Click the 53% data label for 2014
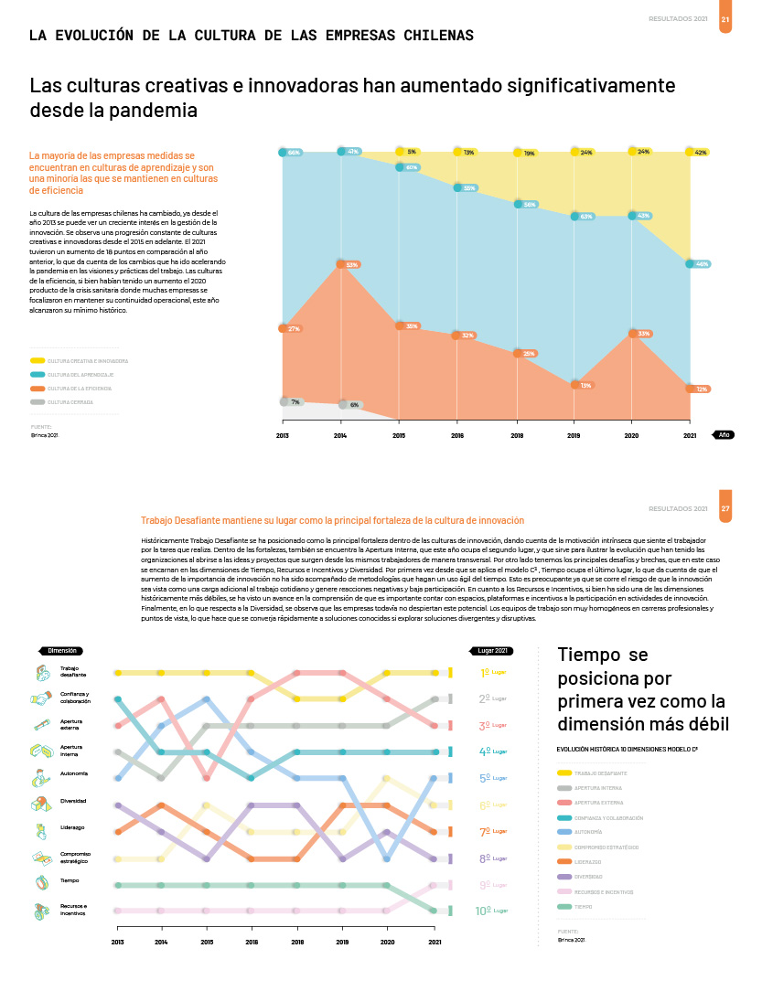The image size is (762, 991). click(350, 264)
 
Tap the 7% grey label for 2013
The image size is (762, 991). click(293, 401)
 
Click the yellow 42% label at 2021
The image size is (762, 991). click(700, 153)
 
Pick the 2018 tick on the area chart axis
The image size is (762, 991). click(517, 435)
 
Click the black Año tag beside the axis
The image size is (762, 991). click(723, 435)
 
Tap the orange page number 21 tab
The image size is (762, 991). click(725, 18)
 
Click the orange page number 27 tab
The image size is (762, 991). click(725, 508)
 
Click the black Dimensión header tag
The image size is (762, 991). click(61, 650)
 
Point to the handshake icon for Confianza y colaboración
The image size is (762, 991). click(41, 699)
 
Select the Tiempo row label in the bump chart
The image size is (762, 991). click(70, 880)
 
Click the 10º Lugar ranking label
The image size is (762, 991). click(492, 911)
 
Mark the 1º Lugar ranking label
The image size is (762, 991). click(492, 673)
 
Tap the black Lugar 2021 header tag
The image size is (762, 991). click(493, 650)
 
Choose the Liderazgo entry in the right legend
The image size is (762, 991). click(589, 861)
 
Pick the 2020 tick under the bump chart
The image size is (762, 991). click(387, 941)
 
